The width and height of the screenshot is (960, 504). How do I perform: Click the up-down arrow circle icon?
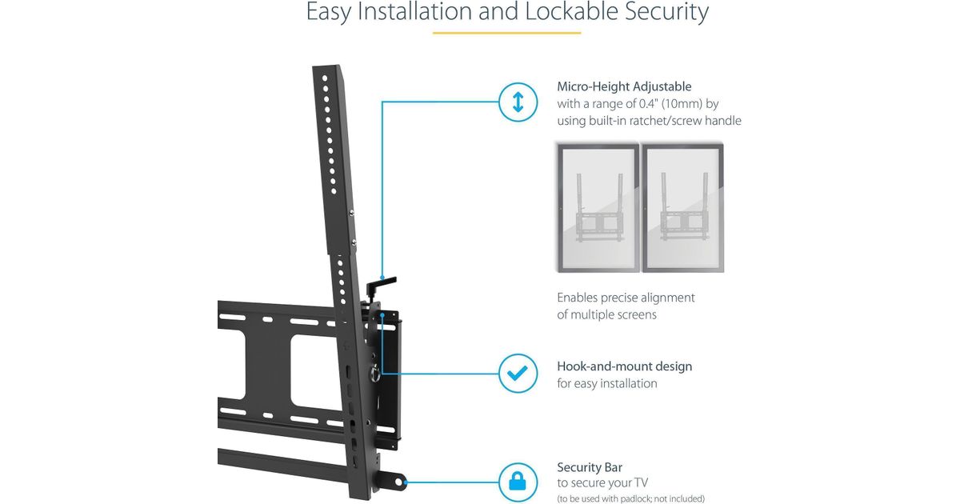pos(518,102)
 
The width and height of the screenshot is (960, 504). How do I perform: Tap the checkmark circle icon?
pos(518,374)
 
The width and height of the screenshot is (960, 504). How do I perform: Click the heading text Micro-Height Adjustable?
pos(624,86)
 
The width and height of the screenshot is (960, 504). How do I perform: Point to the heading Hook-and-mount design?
pos(624,366)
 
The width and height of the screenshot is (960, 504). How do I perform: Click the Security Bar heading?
pos(590,467)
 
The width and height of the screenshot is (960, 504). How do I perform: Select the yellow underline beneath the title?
pos(506,33)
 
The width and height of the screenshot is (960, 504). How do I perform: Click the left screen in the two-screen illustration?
pos(598,207)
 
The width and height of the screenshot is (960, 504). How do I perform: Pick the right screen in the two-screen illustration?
pos(682,207)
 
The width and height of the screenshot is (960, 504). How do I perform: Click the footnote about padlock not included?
pos(630,498)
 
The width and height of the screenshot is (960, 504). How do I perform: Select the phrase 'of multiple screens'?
pos(606,314)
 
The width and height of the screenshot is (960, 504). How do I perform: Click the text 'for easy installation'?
pos(607,384)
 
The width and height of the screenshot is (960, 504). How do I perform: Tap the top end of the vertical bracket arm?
pos(328,70)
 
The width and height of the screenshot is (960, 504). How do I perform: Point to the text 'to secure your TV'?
pos(602,482)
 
